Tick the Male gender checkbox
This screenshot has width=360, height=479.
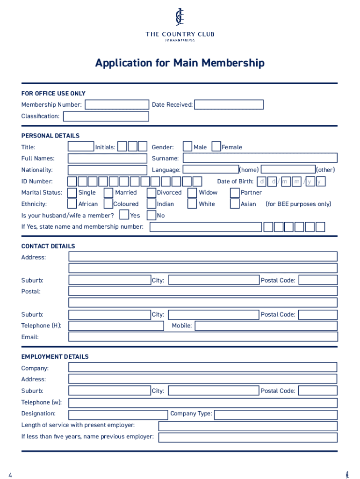pos(187,147)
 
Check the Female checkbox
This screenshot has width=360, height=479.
pos(216,147)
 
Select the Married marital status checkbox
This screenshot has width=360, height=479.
pos(108,193)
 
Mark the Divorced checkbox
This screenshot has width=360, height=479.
pos(151,193)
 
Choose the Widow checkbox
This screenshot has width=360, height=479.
pos(192,193)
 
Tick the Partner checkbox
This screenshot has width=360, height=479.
pos(235,193)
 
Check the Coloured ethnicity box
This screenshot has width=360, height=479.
pos(108,204)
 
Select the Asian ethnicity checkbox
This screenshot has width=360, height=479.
pos(235,204)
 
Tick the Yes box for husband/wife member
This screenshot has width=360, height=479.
pos(124,215)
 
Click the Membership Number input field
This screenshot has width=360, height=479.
pos(116,105)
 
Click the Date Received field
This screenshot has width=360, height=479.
pos(229,105)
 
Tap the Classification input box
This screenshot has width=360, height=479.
pos(106,116)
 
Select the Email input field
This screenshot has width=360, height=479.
pos(203,337)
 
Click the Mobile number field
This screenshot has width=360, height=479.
pos(266,326)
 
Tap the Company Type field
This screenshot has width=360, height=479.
pos(275,414)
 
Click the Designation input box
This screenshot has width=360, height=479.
pos(118,414)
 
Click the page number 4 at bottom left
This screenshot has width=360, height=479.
pos(10,475)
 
